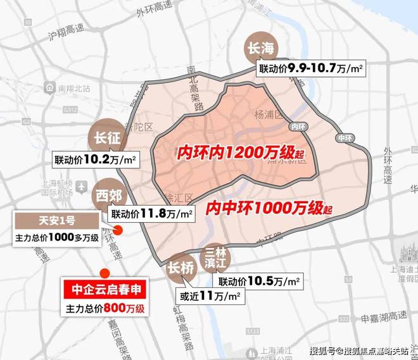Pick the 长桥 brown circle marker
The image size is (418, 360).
pyautogui.click(x=180, y=269)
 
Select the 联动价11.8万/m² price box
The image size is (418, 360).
pyautogui.click(x=151, y=213)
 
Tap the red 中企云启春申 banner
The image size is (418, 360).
pyautogui.click(x=105, y=291)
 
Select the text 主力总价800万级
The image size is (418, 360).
pyautogui.click(x=106, y=309)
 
